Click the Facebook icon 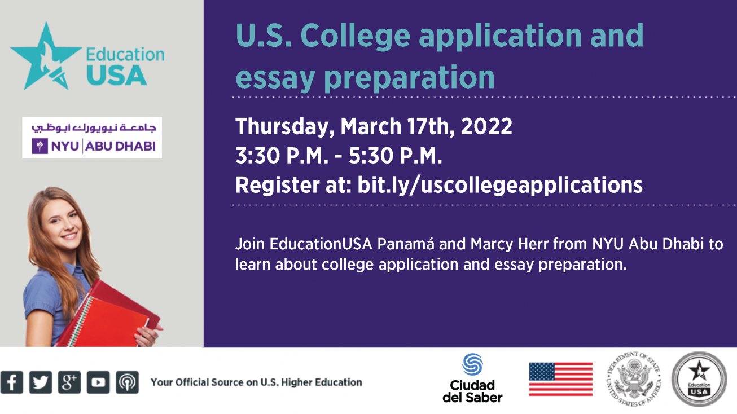point(12,382)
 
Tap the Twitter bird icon point(41,382)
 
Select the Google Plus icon point(69,382)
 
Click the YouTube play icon point(98,382)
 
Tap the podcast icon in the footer point(128,382)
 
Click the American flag point(560,379)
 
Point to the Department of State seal point(634,379)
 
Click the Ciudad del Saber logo point(472,378)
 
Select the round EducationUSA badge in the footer point(699,379)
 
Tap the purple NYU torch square point(40,146)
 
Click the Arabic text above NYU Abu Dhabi point(94,127)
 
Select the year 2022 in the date point(486,126)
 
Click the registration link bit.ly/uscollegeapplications point(500,185)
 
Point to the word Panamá point(405,244)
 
